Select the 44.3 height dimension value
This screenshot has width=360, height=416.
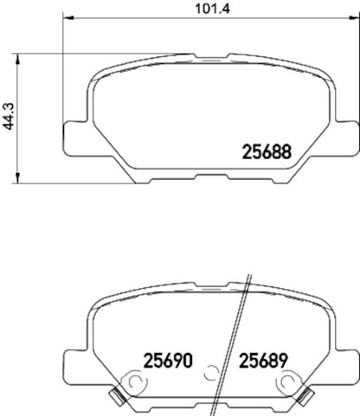(x=10, y=119)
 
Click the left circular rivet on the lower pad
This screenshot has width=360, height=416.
(x=135, y=380)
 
